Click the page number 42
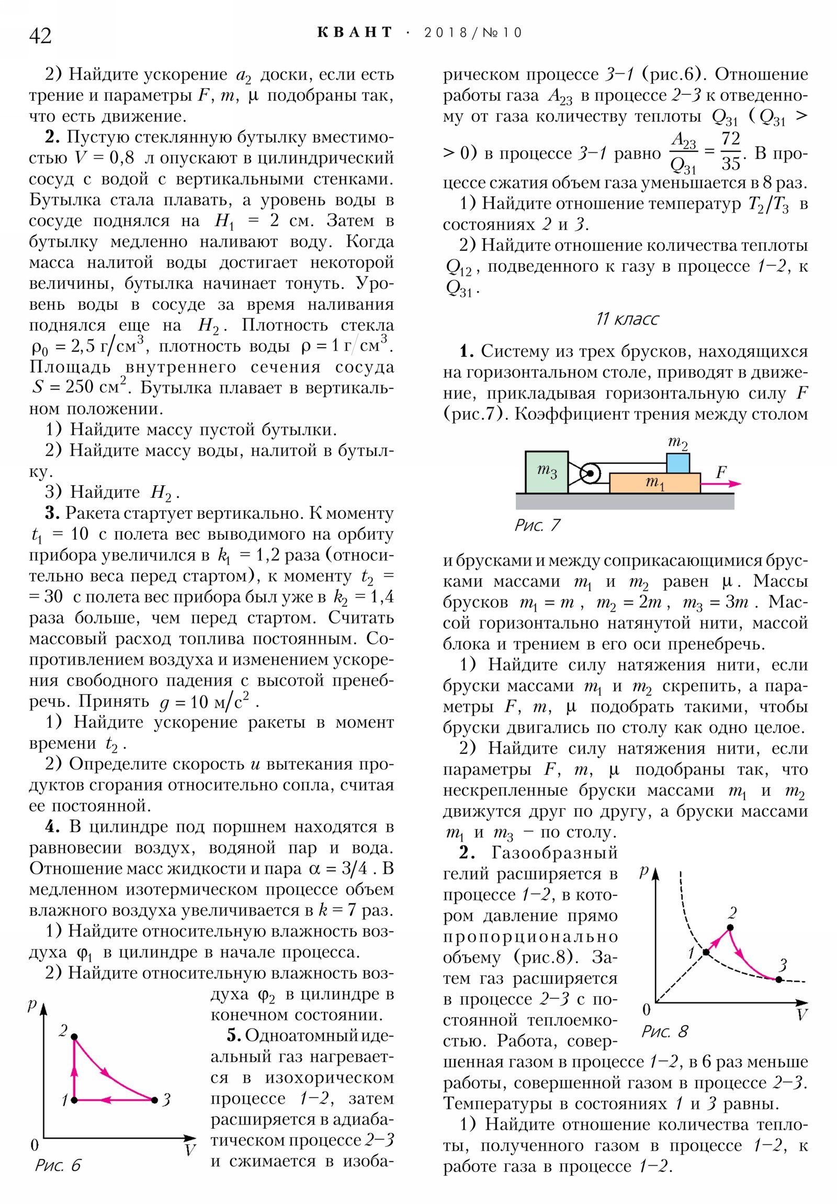[x=40, y=36]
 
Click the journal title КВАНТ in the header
[x=354, y=32]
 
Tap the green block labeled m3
[x=546, y=472]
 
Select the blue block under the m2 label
[x=677, y=463]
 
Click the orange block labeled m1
[x=654, y=483]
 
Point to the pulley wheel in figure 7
[x=590, y=473]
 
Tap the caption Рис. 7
[x=537, y=525]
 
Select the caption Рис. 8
[x=664, y=1031]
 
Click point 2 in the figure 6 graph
[x=74, y=1036]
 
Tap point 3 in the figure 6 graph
[x=154, y=1100]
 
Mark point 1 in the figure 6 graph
[x=74, y=1100]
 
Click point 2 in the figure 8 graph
[x=730, y=928]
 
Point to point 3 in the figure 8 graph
[x=779, y=979]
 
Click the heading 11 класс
[x=627, y=319]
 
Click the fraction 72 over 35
[x=730, y=152]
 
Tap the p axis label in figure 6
[x=32, y=1004]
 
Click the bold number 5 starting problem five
[x=233, y=1035]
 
